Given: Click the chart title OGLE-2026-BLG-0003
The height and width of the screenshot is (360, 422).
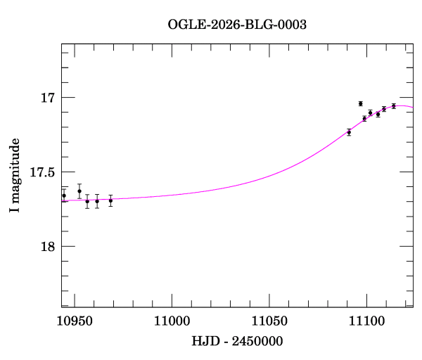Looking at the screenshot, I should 237,24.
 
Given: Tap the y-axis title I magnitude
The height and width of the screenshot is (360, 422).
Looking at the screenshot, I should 15,176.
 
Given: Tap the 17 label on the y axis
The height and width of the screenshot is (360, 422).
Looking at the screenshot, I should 47,98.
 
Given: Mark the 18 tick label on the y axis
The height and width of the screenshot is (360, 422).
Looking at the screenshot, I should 47,247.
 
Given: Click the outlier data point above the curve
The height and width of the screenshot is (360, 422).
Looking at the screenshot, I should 360,103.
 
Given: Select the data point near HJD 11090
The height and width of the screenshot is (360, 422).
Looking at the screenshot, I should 349,131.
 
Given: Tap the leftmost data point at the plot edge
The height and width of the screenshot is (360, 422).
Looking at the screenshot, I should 64,195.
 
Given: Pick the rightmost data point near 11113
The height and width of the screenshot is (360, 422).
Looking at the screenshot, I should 394,105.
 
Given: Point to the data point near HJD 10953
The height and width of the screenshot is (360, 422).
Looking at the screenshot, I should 79,191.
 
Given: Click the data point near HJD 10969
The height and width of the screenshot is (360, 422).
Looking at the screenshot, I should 110,200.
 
